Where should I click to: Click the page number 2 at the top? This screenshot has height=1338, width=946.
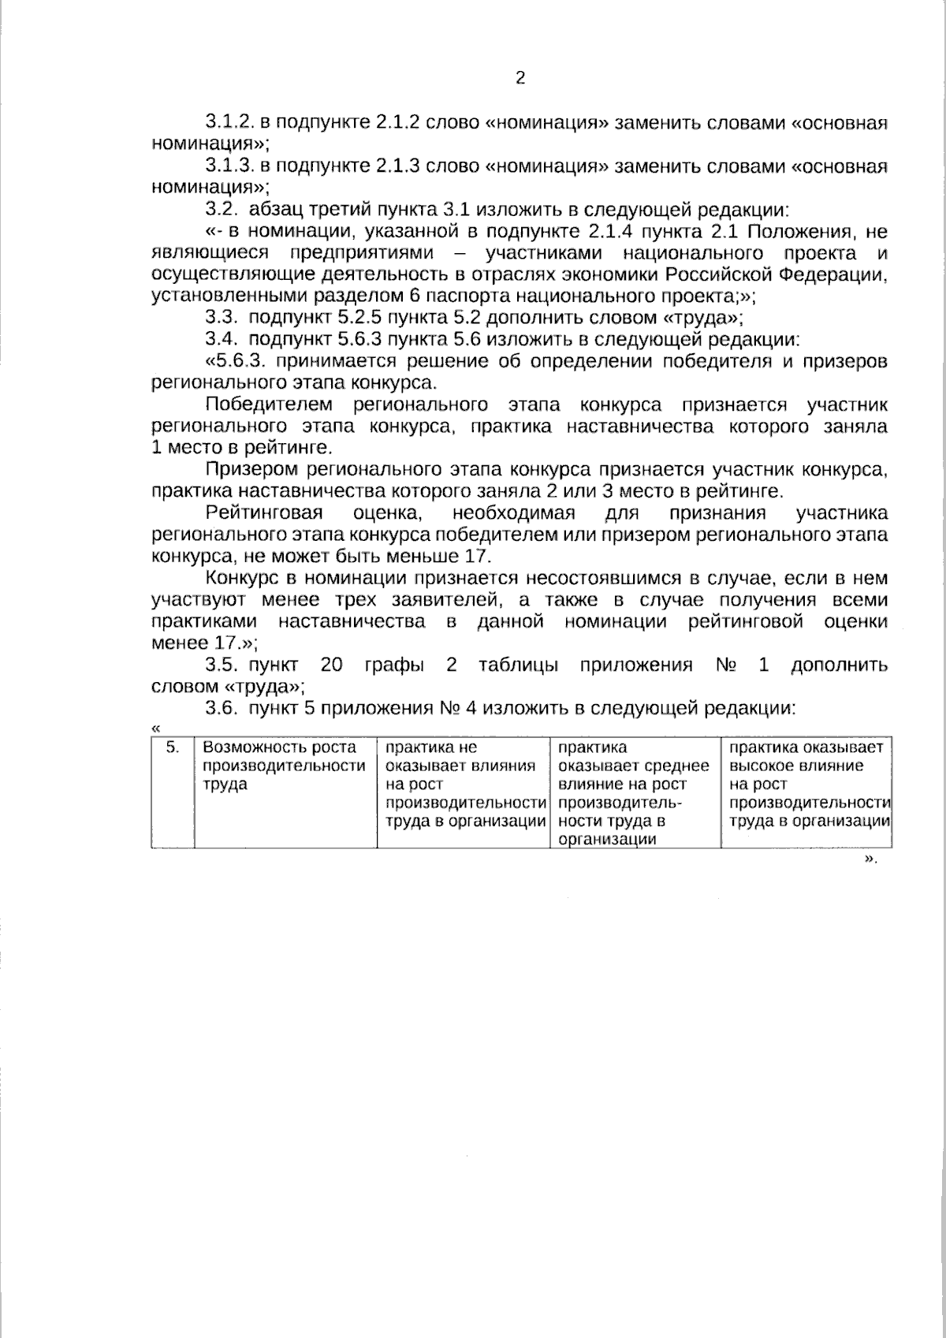pos(520,78)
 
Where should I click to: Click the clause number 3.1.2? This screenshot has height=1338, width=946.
pos(228,123)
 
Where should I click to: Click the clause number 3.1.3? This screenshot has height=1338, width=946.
pos(228,166)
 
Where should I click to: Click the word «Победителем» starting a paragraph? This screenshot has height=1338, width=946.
pos(268,405)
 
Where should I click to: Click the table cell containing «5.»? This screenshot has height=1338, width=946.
pos(173,792)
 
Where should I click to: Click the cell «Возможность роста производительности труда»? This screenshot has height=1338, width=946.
pos(285,792)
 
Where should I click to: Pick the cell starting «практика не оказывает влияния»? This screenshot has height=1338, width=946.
pos(463,792)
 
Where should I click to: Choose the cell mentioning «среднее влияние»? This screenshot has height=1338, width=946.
pos(635,792)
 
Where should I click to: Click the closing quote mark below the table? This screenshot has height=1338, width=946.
pos(871,859)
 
